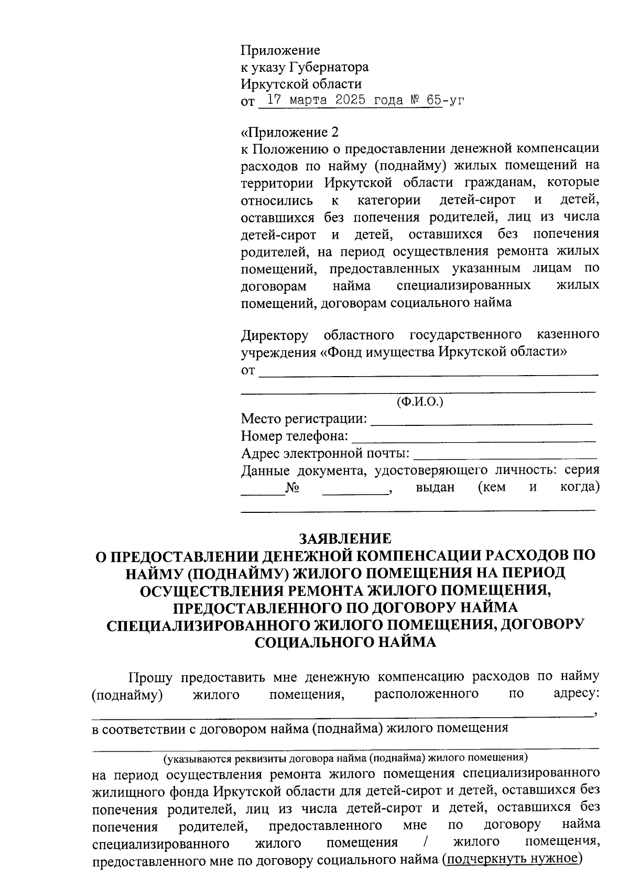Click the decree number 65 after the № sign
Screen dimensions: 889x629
(433, 100)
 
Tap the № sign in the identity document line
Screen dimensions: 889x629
(292, 488)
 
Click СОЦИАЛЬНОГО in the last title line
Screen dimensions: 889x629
(314, 642)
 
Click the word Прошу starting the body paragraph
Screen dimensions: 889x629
(150, 677)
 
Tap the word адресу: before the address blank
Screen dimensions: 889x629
(576, 694)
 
